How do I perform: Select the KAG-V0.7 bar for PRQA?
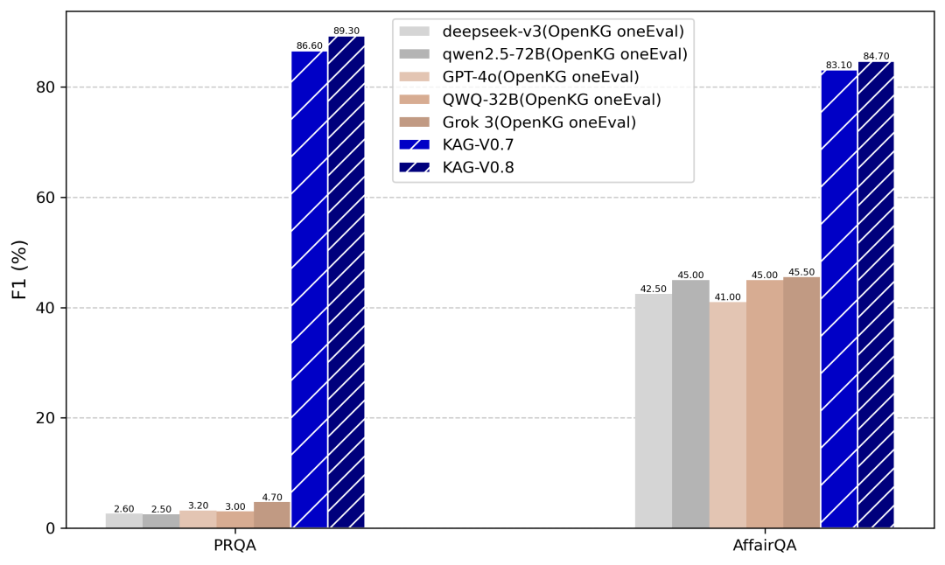pos(310,289)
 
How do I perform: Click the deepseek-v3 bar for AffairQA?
pos(654,411)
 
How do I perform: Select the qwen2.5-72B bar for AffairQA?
pos(690,404)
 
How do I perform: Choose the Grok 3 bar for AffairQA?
pos(801,402)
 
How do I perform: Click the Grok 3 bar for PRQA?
pos(272,515)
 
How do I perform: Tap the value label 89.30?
pos(346,31)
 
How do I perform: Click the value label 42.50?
pos(654,289)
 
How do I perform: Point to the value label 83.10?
pos(839,65)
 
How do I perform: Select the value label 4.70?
pos(272,497)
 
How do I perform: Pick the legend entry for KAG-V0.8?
pos(478,168)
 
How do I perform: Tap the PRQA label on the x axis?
pos(235,546)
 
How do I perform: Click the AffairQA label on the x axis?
pos(765,546)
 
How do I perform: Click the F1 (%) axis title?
pos(19,270)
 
